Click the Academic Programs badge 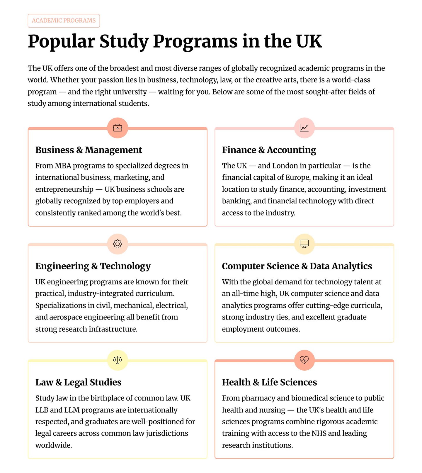pos(64,21)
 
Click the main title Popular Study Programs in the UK pos(175,41)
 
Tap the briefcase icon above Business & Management pos(118,128)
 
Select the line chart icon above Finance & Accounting pos(304,128)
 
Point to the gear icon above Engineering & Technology pos(118,244)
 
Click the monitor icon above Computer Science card pos(304,244)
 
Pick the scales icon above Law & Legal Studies pos(118,360)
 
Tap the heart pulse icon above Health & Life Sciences pos(304,360)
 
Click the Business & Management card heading pos(89,150)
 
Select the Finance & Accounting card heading pos(269,150)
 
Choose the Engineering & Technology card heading pos(93,266)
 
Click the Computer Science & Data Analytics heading pos(297,266)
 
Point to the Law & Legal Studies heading pos(78,382)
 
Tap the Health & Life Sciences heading pos(269,382)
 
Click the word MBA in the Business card pos(63,166)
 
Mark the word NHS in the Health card pos(319,433)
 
